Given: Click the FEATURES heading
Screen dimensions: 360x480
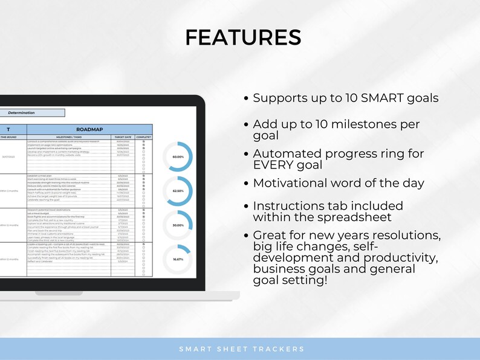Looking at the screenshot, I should point(243,37).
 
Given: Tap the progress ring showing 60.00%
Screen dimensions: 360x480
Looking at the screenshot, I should point(178,156).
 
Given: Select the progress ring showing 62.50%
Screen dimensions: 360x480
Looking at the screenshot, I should point(178,190).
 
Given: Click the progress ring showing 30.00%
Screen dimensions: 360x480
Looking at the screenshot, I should point(178,225).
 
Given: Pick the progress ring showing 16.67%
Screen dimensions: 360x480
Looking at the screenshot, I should point(178,259).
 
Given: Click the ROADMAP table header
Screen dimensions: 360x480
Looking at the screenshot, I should point(89,129).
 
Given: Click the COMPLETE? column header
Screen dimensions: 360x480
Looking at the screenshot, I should point(144,137).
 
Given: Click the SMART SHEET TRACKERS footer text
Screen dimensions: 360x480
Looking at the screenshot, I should point(242,349).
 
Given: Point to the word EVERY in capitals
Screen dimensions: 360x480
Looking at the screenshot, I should point(277,164).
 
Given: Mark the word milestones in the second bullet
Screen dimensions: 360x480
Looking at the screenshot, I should point(366,124).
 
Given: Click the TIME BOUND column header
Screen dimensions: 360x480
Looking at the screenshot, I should point(8,137).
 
